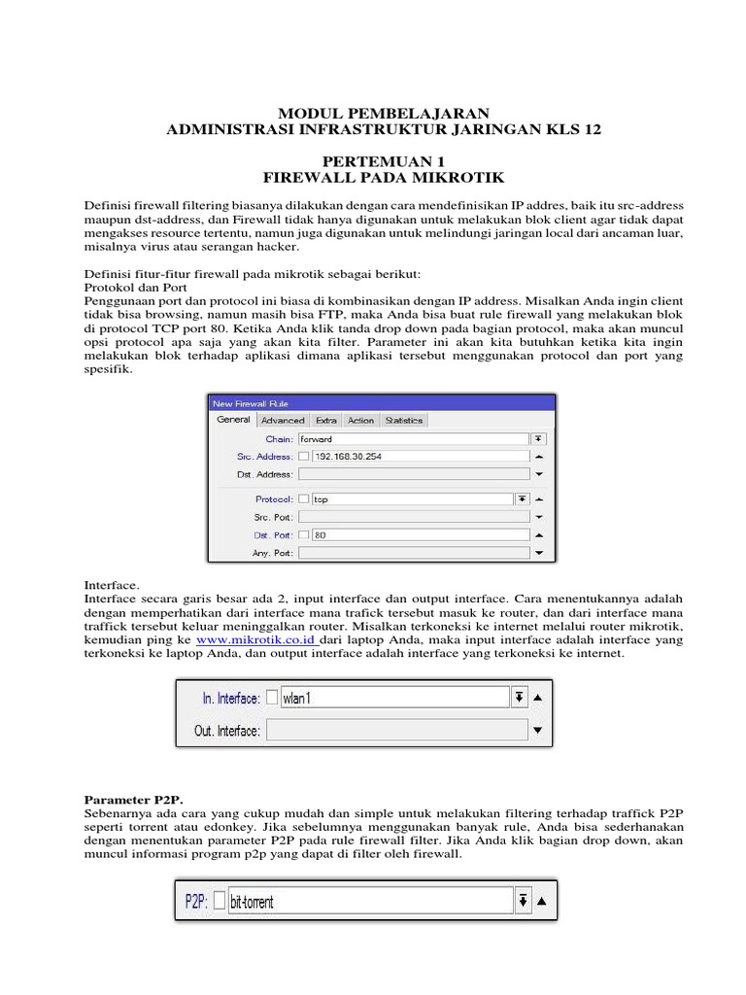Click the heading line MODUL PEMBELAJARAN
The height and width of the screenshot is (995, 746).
[x=385, y=114]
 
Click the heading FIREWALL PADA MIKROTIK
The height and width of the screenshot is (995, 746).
[x=385, y=178]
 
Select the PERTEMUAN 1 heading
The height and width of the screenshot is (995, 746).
[x=385, y=161]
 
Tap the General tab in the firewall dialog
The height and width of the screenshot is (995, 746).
[x=233, y=420]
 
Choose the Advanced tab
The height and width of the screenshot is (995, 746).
[x=283, y=420]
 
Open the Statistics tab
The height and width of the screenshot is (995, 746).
[x=403, y=420]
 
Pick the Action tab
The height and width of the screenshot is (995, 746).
[x=360, y=420]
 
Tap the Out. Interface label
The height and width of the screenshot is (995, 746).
[x=227, y=730]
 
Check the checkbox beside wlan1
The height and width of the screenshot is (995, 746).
[x=271, y=698]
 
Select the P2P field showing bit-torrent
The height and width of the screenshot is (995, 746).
[x=369, y=901]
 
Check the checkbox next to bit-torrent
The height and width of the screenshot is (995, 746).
[x=219, y=901]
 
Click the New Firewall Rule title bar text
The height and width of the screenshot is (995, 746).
[x=251, y=402]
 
